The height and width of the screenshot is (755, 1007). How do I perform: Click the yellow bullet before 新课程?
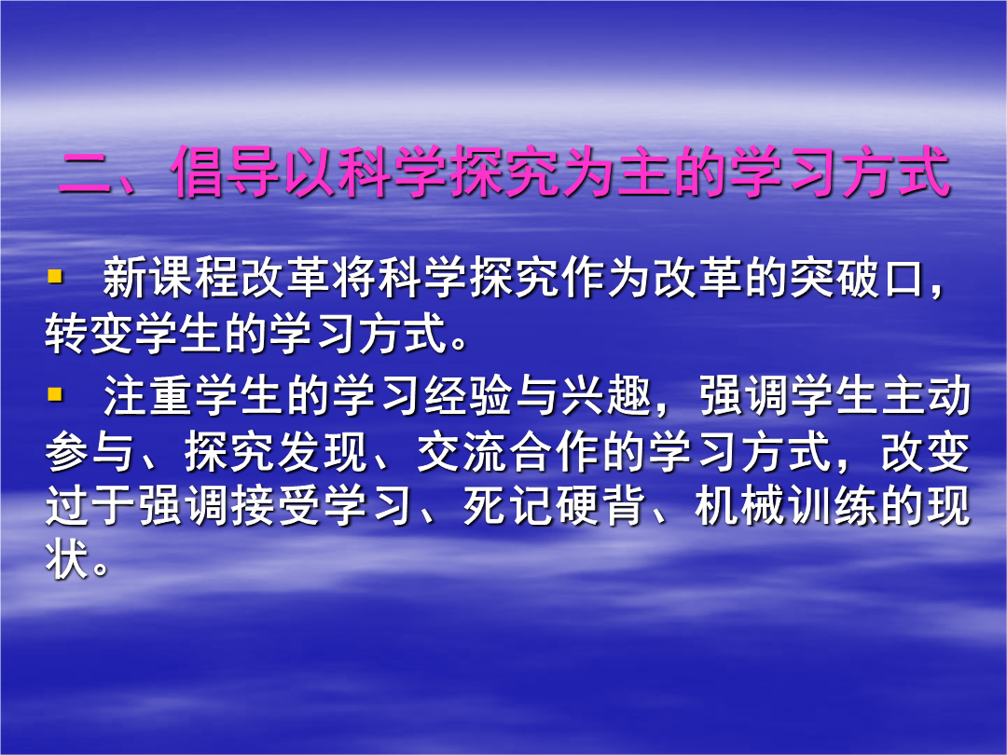click(x=55, y=277)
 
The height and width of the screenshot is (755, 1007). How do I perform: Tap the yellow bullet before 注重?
click(x=55, y=393)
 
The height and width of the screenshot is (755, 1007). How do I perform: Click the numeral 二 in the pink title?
click(x=86, y=173)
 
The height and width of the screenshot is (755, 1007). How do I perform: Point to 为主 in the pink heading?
click(x=616, y=172)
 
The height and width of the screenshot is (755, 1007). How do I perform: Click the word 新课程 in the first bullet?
click(x=171, y=278)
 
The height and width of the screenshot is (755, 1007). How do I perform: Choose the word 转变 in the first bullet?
click(x=89, y=334)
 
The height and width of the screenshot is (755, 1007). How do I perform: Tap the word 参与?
click(x=89, y=452)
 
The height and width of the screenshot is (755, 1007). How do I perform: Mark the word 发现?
click(x=322, y=452)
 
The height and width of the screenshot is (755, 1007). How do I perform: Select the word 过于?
click(x=90, y=506)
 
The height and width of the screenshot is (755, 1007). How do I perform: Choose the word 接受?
click(x=275, y=506)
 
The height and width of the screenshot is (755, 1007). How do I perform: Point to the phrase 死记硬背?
click(x=554, y=506)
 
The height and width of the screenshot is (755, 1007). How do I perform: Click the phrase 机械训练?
click(x=786, y=506)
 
